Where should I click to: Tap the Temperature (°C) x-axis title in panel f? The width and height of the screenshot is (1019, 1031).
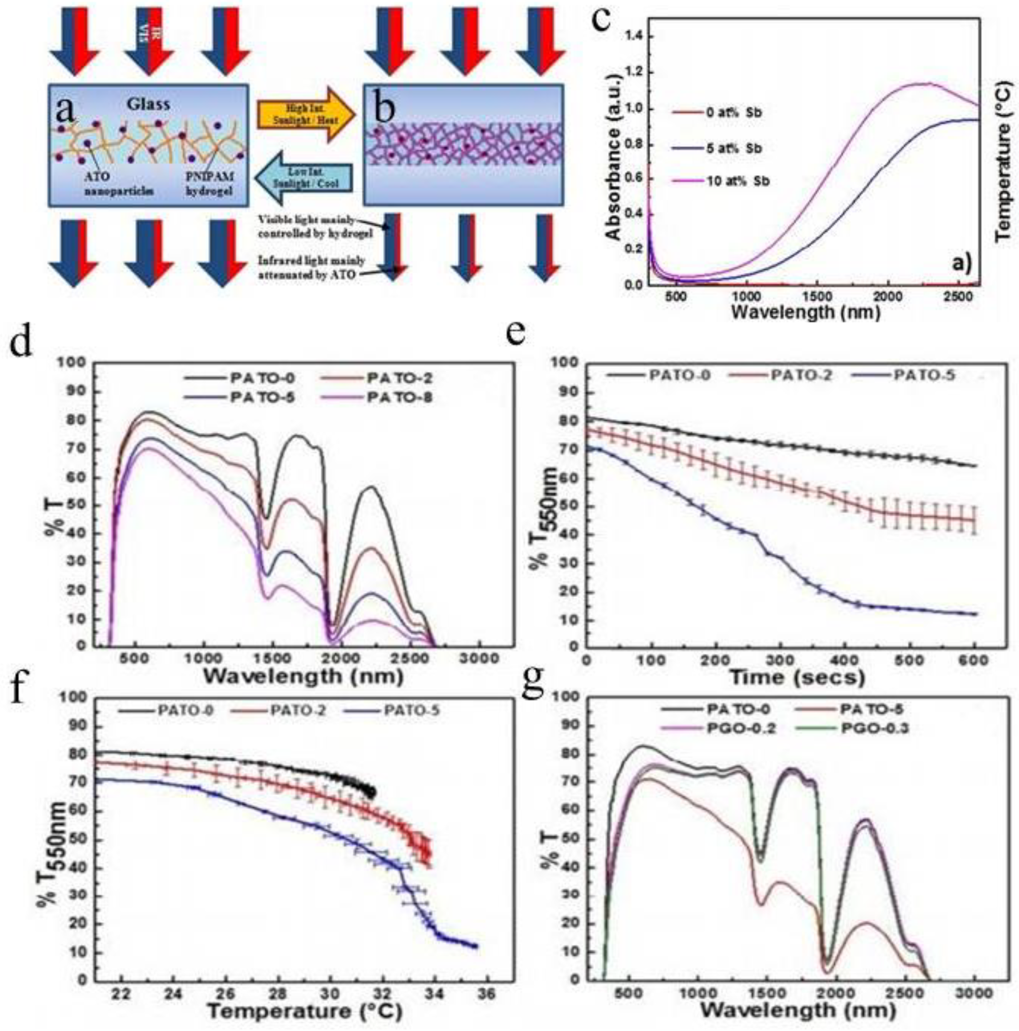point(304,1010)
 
